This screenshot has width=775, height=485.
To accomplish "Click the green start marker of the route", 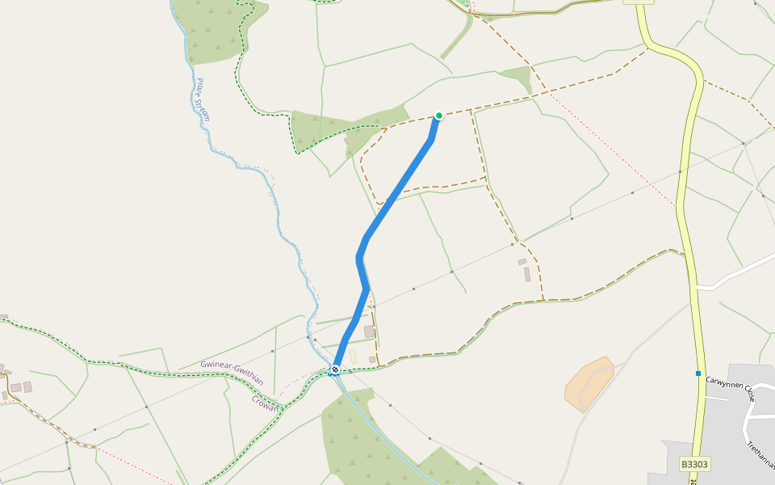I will coord(439,116).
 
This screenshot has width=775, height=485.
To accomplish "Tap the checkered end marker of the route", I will coord(334,370).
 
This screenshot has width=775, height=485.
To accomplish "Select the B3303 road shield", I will coord(694,465).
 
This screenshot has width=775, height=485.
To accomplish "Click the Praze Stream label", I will coord(202,99).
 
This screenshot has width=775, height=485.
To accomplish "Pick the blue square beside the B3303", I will coord(698,373).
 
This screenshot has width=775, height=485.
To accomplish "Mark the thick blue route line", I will coord(396,194).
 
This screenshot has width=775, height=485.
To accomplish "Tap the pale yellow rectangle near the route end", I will coord(353,356).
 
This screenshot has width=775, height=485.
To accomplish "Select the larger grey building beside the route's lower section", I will coord(370,331).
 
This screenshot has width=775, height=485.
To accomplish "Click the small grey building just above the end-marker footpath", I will coord(372,359).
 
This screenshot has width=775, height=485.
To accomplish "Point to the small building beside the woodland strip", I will coord(348,142).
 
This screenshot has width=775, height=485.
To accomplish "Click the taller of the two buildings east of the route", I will coord(527,275).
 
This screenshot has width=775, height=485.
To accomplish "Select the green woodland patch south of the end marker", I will coord(355,436).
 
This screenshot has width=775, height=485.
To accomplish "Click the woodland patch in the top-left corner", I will coord(212,28).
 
